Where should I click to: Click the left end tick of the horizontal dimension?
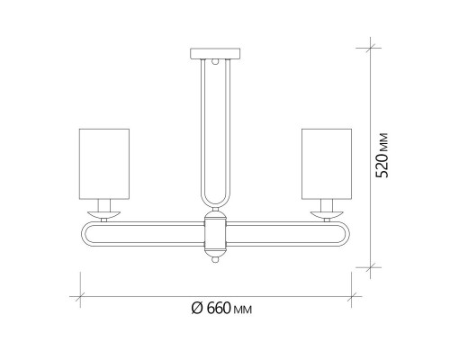click(x=77, y=293)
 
